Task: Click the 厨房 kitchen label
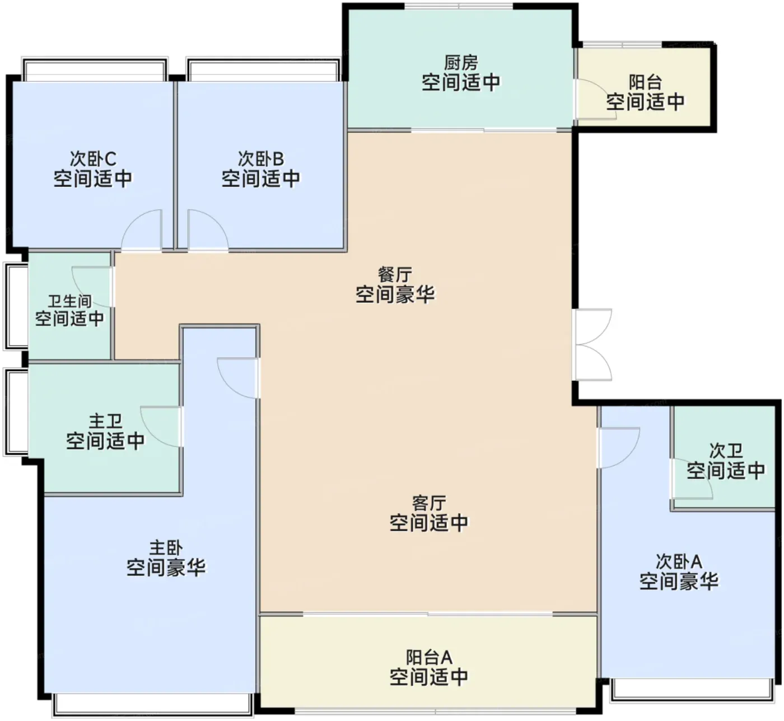click(461, 63)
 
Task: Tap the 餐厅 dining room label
click(394, 275)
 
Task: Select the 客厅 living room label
click(429, 503)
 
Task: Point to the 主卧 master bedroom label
click(166, 548)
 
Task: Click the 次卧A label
click(679, 562)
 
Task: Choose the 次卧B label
click(261, 159)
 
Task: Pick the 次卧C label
click(93, 159)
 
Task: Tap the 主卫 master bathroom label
click(105, 422)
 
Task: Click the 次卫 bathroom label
click(726, 451)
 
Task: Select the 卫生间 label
click(70, 301)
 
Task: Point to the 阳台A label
click(429, 657)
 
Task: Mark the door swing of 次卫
click(692, 479)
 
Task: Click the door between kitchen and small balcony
click(596, 99)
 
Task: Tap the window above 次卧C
click(95, 69)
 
